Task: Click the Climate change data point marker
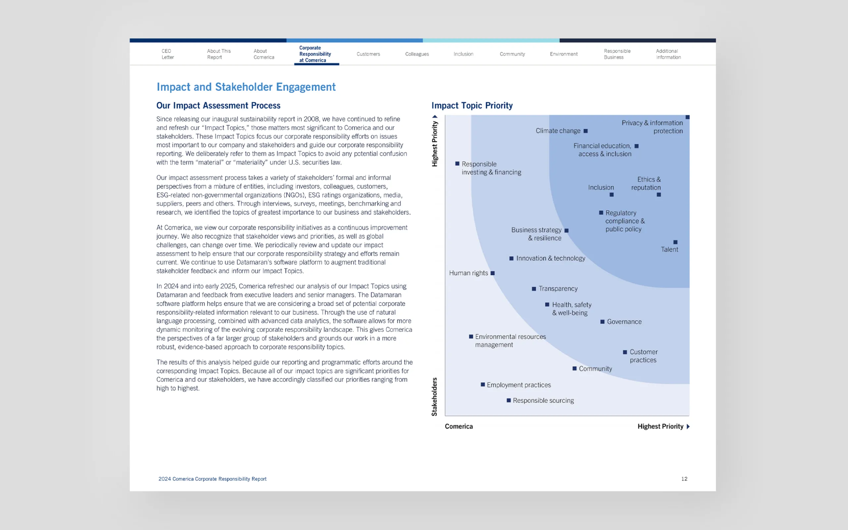[x=586, y=131]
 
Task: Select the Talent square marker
[x=675, y=242]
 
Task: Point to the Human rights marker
[x=492, y=273]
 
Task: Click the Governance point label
[x=624, y=322]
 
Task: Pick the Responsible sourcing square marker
[x=508, y=400]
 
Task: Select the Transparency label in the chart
[x=558, y=289]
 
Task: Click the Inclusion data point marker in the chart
[x=611, y=195]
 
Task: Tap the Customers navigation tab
[x=368, y=54]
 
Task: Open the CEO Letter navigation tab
[x=168, y=54]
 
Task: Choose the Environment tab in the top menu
[x=563, y=54]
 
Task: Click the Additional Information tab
[x=668, y=54]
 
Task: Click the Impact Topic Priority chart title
[x=472, y=106]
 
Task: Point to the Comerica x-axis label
[x=459, y=426]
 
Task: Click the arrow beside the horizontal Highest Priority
[x=688, y=427]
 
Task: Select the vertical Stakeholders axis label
[x=435, y=397]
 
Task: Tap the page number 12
[x=684, y=479]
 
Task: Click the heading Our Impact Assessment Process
[x=218, y=106]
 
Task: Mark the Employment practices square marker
[x=483, y=385]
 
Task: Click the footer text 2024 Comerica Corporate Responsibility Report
[x=212, y=479]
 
